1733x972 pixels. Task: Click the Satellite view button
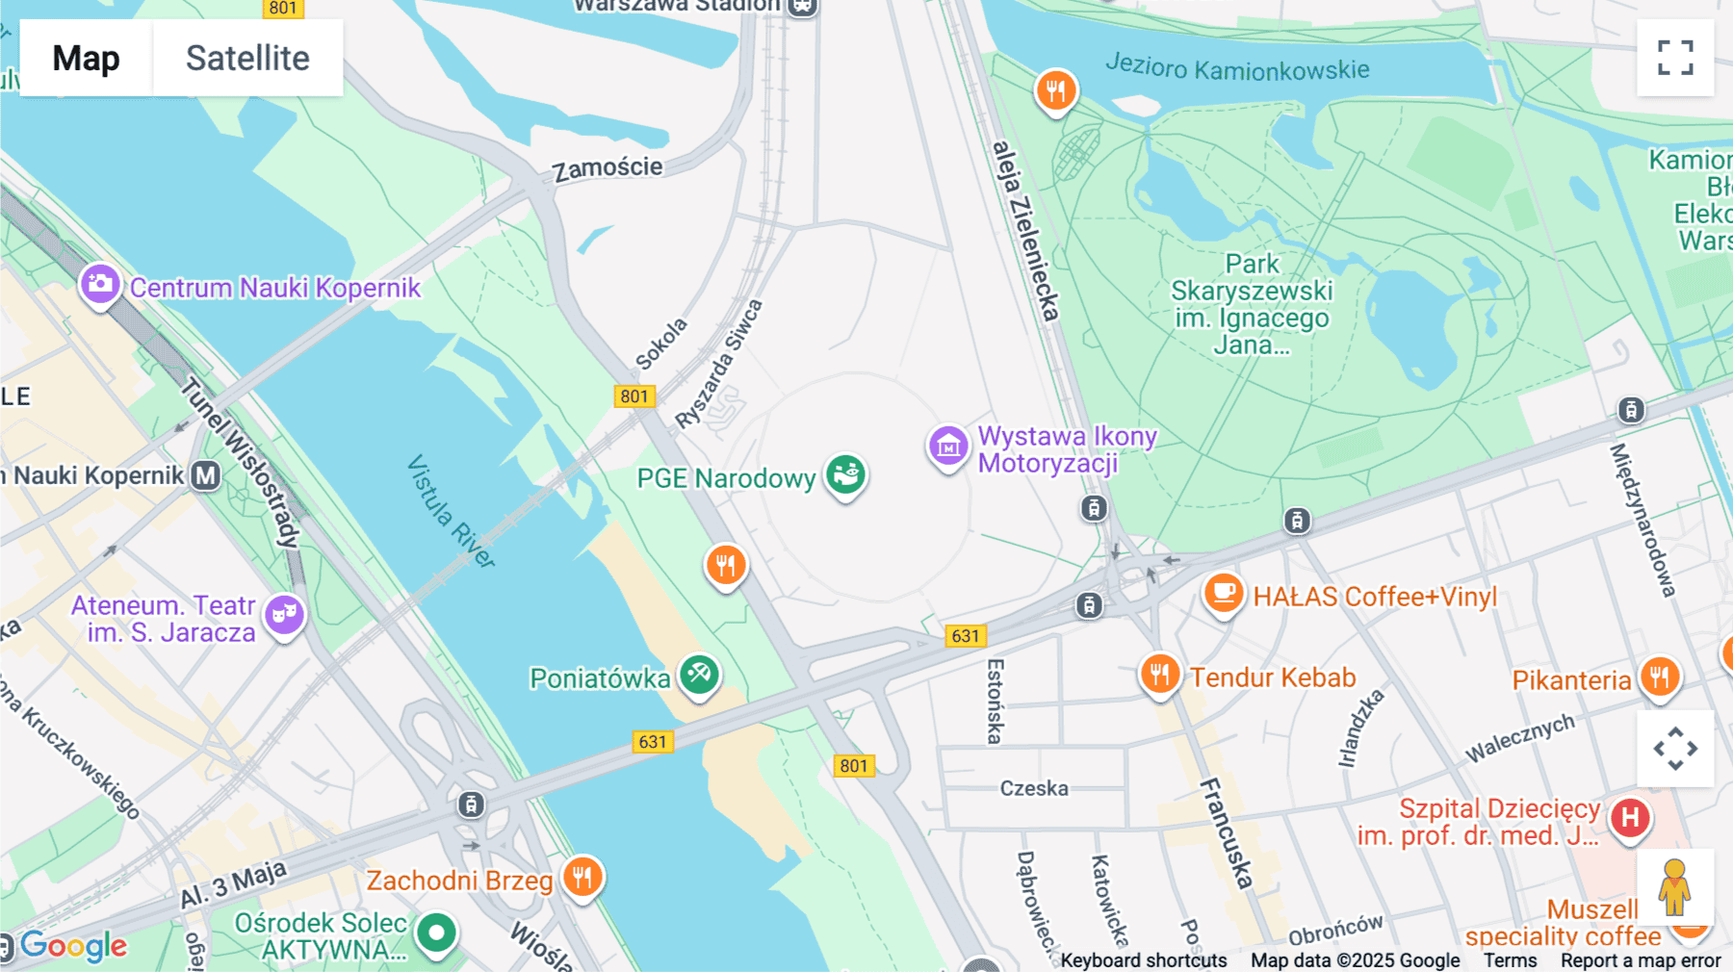point(247,58)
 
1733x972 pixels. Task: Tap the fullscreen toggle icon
point(1675,58)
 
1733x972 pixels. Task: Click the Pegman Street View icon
point(1674,887)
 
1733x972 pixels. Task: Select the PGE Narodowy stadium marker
point(846,474)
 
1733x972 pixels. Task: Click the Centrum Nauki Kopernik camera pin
point(100,285)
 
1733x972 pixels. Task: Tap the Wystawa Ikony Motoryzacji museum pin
point(948,447)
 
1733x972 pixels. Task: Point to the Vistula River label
point(451,511)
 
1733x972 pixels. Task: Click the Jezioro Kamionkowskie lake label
point(1237,67)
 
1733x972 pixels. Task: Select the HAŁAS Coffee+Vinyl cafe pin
point(1223,593)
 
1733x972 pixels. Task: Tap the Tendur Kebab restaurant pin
point(1160,674)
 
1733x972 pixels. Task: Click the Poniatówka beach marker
point(699,675)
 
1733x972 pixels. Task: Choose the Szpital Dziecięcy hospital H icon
point(1630,818)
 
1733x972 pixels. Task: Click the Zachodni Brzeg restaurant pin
point(582,877)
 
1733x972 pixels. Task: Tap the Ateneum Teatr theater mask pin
point(285,613)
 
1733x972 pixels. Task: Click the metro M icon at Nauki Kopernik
point(205,475)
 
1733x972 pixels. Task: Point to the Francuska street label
point(1227,832)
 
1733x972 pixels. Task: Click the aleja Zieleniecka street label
point(1025,231)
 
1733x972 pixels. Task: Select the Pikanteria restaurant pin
point(1660,677)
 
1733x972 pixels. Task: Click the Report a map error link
point(1640,960)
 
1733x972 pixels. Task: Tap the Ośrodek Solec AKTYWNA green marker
point(436,932)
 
